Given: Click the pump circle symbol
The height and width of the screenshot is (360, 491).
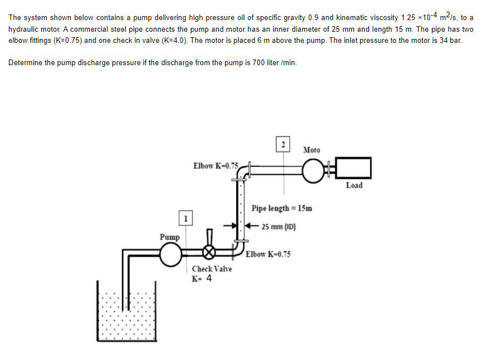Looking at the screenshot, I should tap(170, 255).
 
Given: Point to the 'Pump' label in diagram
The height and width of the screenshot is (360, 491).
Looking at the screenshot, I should tap(170, 236).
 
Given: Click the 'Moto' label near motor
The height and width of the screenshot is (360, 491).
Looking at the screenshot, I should tap(312, 150).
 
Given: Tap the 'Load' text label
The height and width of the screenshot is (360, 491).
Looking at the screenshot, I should tap(354, 185).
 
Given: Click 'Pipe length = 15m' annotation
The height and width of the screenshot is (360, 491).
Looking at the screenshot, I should tap(282, 209).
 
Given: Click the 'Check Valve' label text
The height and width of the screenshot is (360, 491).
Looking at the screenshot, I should tap(212, 269).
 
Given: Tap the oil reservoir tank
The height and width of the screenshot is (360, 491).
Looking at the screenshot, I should tap(126, 317).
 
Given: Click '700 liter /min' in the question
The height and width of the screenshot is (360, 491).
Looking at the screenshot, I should tap(274, 62).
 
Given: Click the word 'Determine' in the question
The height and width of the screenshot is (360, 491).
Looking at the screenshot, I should tap(26, 62).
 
